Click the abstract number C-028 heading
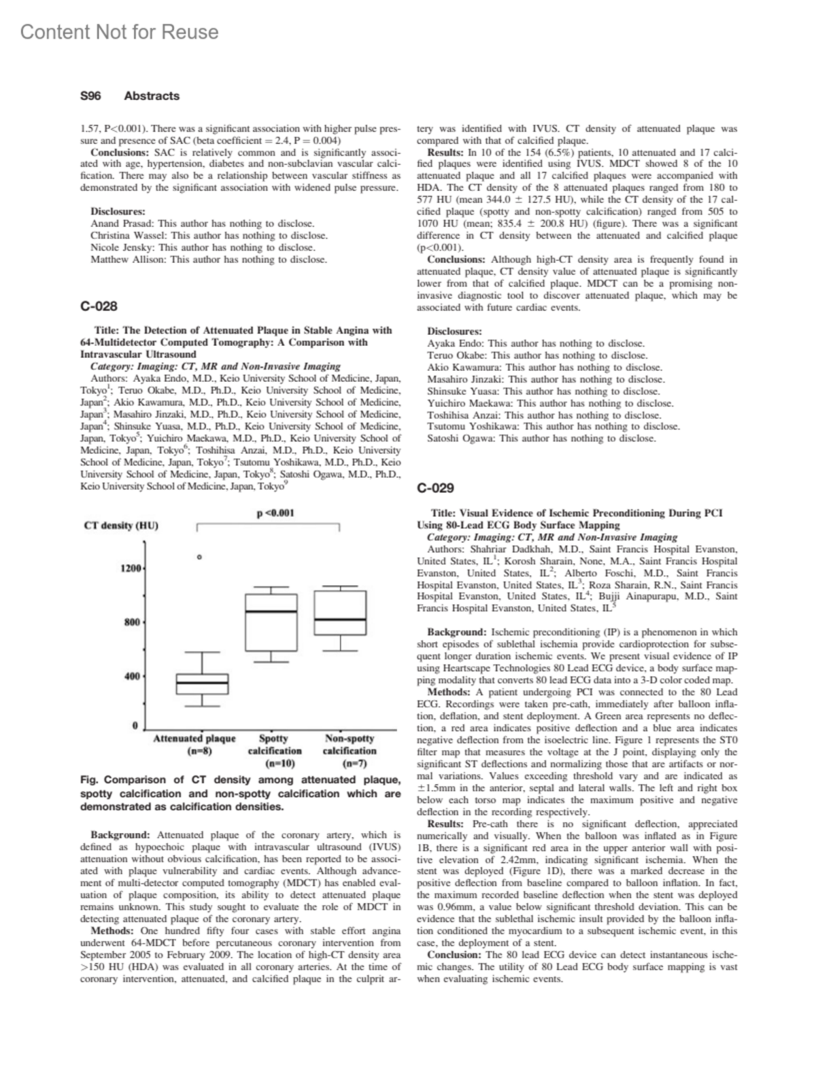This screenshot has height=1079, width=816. pyautogui.click(x=99, y=306)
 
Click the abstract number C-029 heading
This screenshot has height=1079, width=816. pyautogui.click(x=435, y=488)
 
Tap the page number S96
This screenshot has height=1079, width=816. pyautogui.click(x=90, y=96)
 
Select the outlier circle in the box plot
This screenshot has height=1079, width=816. pyautogui.click(x=199, y=557)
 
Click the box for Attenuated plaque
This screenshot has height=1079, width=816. pyautogui.click(x=202, y=684)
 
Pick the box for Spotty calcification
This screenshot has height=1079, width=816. pyautogui.click(x=271, y=622)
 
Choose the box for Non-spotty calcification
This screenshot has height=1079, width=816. pyautogui.click(x=340, y=613)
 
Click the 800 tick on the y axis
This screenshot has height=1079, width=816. pyautogui.click(x=132, y=622)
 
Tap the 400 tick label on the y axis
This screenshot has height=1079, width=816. pyautogui.click(x=132, y=676)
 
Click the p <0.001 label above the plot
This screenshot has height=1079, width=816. pyautogui.click(x=275, y=513)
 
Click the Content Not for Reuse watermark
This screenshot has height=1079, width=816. pyautogui.click(x=120, y=32)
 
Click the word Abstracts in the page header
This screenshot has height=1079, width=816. pyautogui.click(x=152, y=96)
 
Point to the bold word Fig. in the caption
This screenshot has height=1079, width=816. pyautogui.click(x=90, y=779)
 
